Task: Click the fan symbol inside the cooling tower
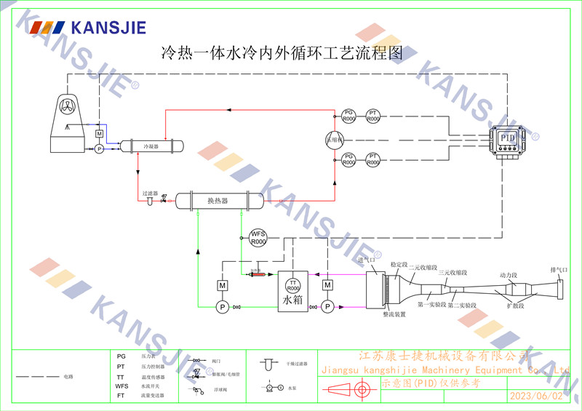[x=67, y=105]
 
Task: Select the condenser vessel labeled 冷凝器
[x=152, y=145]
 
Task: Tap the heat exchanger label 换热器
[x=218, y=201]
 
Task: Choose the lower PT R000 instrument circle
[x=373, y=159]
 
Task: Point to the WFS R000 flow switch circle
[x=258, y=237]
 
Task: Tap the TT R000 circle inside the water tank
[x=294, y=285]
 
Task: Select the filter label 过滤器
[x=150, y=193]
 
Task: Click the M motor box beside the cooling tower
[x=99, y=135]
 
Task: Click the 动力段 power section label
[x=508, y=276]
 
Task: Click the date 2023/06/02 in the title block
[x=537, y=396]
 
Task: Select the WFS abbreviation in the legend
[x=121, y=386]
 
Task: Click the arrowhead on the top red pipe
[x=227, y=110]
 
